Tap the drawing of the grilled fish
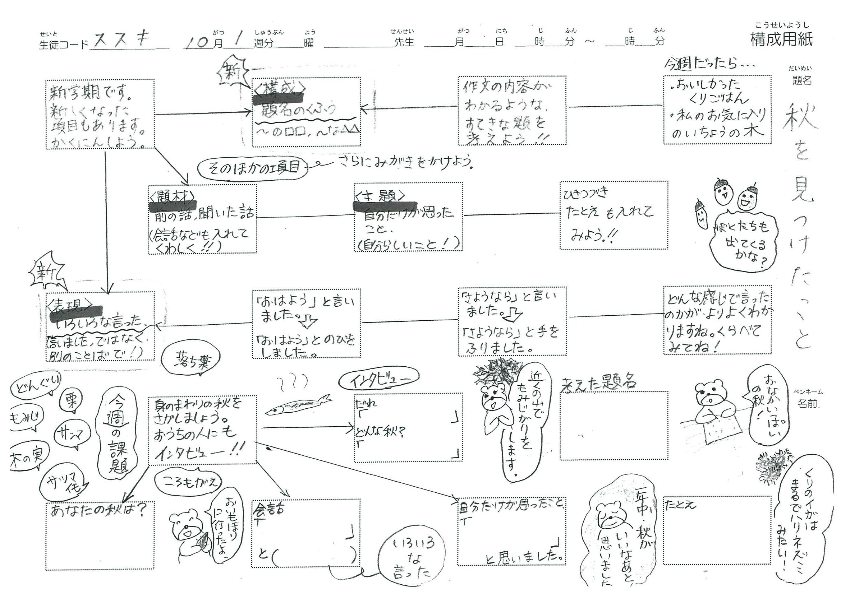[x=298, y=405]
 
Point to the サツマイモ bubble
[x=63, y=483]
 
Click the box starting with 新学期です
[x=100, y=114]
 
